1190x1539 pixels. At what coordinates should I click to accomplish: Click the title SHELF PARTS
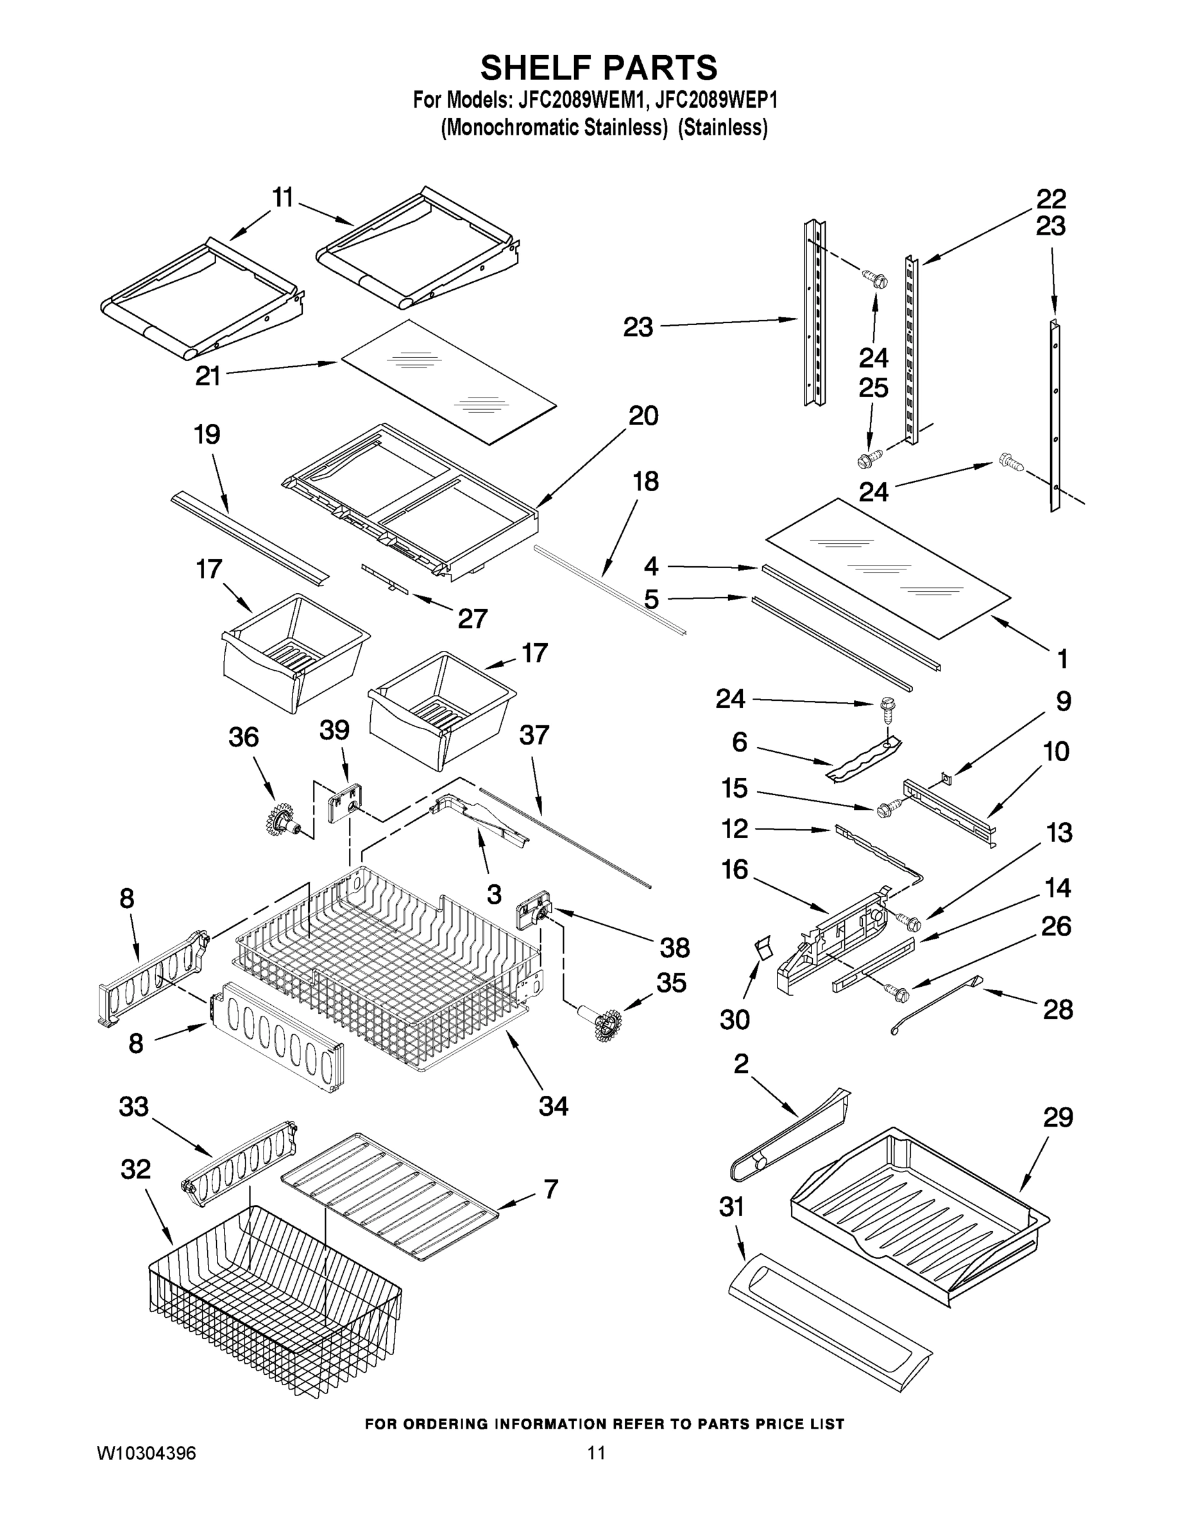click(x=599, y=69)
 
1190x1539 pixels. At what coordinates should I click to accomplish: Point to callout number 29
click(x=1057, y=1118)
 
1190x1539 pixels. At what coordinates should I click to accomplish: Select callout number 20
click(x=643, y=416)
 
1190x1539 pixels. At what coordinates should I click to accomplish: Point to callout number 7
click(x=550, y=1189)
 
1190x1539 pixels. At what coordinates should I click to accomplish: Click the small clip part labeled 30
click(x=762, y=948)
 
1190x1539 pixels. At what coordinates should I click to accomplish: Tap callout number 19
click(x=207, y=434)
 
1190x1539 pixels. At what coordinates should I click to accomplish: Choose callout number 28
click(x=1057, y=1010)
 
